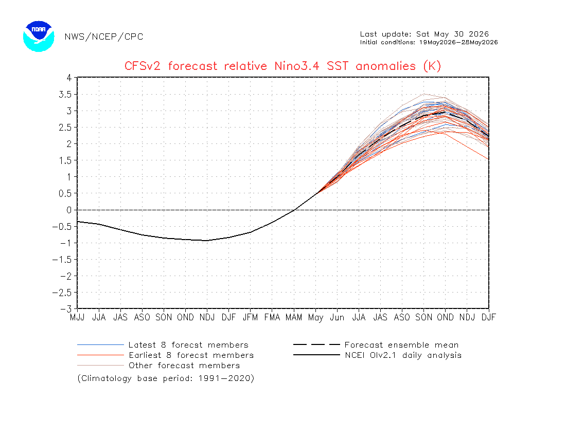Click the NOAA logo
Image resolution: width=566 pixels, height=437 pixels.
pos(39,37)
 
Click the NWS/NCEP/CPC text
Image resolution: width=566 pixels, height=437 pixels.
pos(104,37)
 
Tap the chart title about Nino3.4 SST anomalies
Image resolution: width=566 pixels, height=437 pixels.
pos(282,66)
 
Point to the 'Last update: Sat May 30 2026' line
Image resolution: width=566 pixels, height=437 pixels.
pos(424,34)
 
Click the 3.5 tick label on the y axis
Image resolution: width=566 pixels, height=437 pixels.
pos(65,95)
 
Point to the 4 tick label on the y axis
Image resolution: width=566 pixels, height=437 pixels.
pos(69,78)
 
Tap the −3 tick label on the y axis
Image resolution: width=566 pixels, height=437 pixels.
pos(66,309)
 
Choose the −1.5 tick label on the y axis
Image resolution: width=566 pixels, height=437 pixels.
pos(62,260)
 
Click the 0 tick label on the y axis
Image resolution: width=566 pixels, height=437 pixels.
pos(69,210)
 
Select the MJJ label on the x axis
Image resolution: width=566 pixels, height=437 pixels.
pos(77,317)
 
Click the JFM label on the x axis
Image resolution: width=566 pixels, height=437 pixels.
pos(251,317)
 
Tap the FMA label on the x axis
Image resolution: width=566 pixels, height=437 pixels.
pos(272,317)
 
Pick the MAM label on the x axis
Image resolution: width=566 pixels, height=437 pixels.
pos(294,317)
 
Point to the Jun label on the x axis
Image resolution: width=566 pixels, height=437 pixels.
pos(337,317)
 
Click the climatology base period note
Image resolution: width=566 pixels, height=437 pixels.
pos(166,378)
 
